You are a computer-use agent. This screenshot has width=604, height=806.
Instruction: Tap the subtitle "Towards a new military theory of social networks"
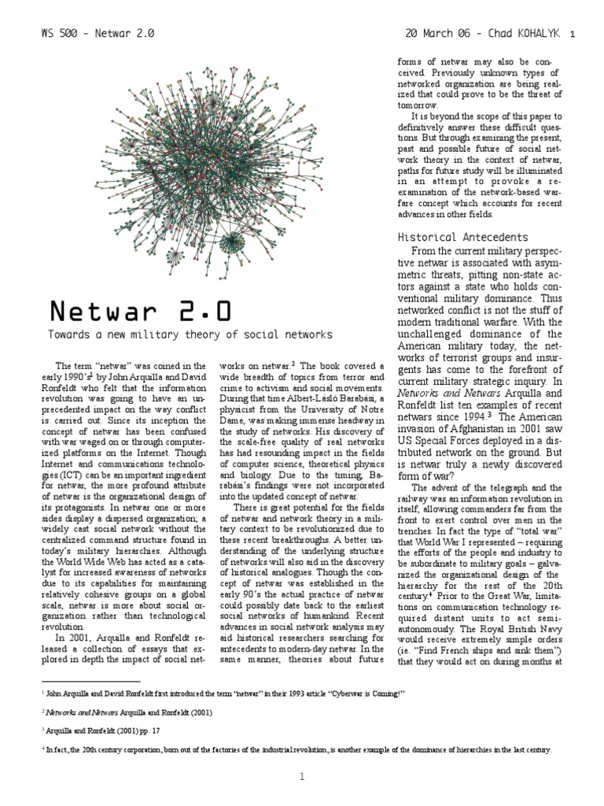coord(191,335)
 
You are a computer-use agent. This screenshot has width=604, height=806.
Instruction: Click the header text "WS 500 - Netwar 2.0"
coord(97,35)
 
